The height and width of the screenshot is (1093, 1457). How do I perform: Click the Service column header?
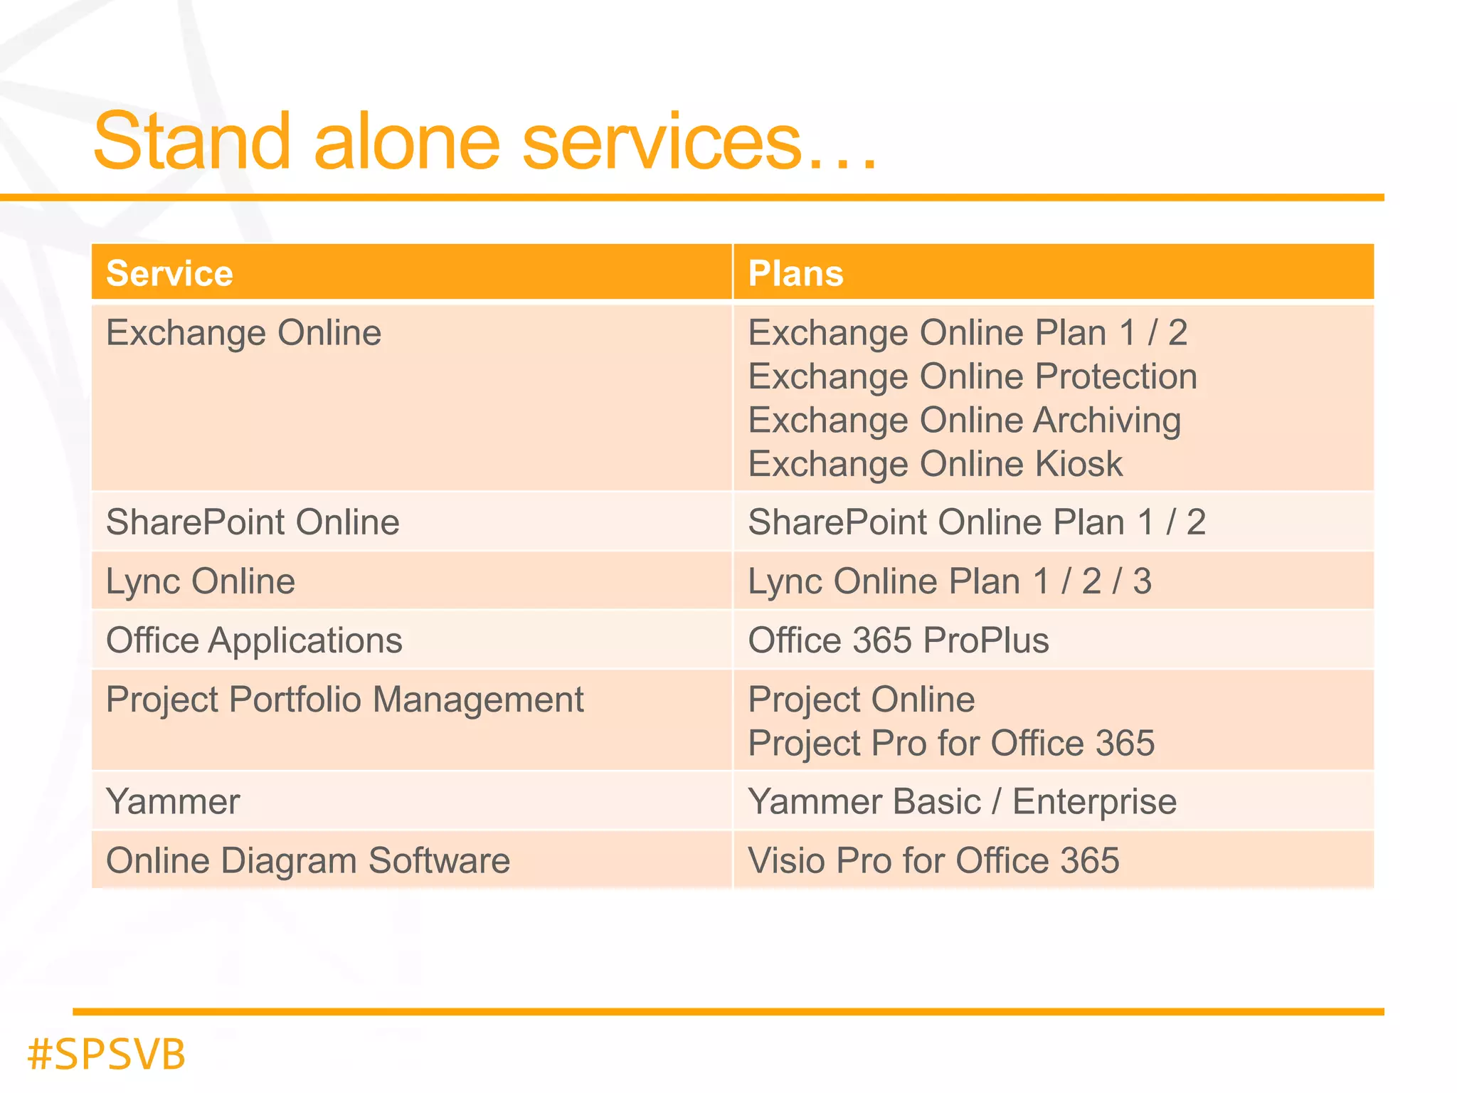click(x=169, y=273)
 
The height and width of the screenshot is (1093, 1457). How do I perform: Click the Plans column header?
click(x=795, y=273)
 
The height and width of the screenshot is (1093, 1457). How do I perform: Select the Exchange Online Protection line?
click(x=972, y=376)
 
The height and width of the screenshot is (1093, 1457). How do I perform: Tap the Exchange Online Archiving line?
click(x=964, y=420)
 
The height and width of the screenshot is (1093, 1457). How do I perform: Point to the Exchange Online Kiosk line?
click(x=935, y=464)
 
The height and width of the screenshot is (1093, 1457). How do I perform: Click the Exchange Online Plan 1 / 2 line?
click(x=967, y=332)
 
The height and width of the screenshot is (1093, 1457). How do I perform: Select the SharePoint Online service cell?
click(x=253, y=522)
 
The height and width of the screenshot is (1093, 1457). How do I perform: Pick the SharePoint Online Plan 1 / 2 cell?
click(x=976, y=522)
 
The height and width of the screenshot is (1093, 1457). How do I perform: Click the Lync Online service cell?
click(x=200, y=581)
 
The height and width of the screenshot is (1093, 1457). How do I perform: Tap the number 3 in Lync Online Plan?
click(x=1142, y=581)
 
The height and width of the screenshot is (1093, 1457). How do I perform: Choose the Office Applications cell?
click(x=254, y=640)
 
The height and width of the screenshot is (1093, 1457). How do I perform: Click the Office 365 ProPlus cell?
click(x=898, y=640)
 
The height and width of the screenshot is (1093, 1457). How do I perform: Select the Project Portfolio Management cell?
click(x=344, y=699)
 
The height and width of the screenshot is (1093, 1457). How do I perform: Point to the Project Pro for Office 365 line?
click(x=950, y=743)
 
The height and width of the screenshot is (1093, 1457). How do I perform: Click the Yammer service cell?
click(x=173, y=801)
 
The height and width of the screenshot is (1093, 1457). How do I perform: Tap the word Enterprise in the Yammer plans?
click(x=1094, y=802)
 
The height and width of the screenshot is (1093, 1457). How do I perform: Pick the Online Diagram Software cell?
click(x=307, y=860)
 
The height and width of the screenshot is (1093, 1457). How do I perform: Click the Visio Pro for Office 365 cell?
click(x=933, y=860)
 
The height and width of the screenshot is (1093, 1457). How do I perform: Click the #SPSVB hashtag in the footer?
click(x=106, y=1054)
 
